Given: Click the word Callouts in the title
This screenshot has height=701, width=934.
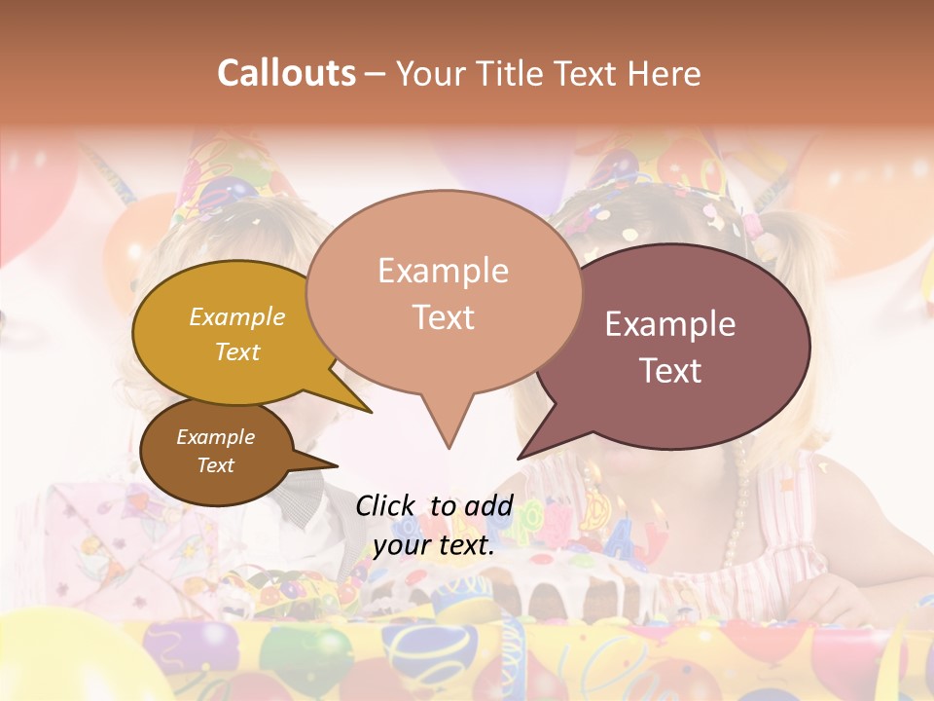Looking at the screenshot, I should point(286,73).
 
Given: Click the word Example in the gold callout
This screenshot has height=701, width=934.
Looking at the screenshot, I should point(237,317).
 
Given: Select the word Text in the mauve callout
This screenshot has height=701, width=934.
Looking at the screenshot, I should point(670,371).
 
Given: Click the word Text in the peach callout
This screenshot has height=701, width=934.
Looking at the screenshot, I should point(444,317).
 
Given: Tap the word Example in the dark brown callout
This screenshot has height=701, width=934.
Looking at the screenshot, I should point(215,437).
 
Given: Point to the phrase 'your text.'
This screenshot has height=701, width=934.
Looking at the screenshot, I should point(434,546).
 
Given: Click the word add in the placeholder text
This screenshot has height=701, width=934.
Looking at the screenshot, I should point(489,505).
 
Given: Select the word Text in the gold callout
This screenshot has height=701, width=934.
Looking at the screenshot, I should point(237,351).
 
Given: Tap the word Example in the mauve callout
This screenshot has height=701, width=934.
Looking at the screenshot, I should point(670,324).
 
